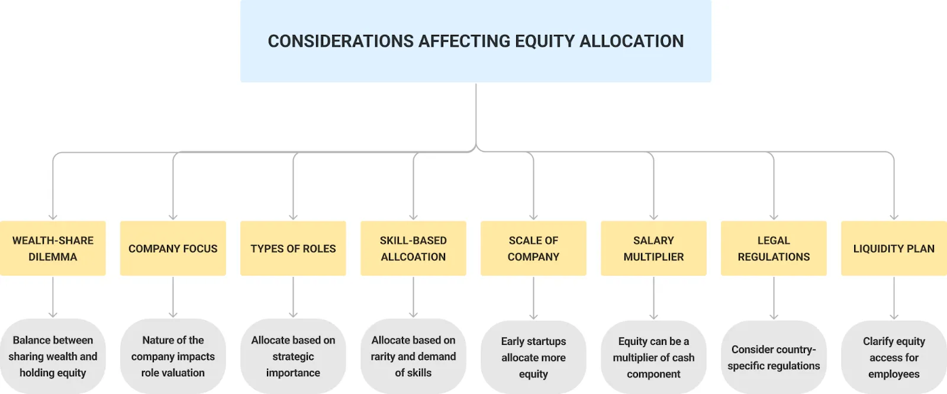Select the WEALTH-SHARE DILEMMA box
53,248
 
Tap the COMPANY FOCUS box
173,248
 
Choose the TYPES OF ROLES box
293,248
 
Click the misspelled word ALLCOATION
413,257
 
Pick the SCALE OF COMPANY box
533,248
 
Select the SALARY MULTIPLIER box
653,248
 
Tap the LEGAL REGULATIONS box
774,248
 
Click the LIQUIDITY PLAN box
894,248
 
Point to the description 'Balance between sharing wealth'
53,356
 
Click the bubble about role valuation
173,356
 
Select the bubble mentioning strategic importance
293,356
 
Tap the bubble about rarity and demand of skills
413,356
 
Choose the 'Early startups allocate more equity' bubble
533,357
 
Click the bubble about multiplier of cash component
653,357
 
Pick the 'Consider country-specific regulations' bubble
774,357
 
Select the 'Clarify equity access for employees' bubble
894,357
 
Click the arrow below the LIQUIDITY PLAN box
894,298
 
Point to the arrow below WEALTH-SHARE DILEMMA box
53,297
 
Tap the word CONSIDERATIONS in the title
341,41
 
